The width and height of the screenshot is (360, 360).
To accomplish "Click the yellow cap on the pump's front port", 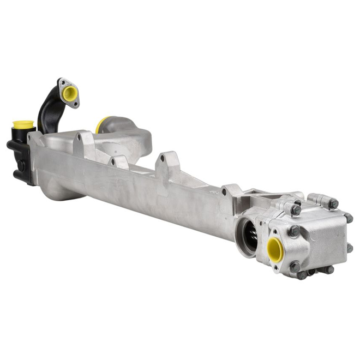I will point(275,249).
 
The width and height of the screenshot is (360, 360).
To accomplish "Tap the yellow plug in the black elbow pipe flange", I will point(69,93).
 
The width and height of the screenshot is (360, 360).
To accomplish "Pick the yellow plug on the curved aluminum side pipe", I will point(101,124).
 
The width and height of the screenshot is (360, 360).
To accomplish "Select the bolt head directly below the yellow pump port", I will point(295,267).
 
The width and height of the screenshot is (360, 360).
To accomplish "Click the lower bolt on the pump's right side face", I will point(350,248).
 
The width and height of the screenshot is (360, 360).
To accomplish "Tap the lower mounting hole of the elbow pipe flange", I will point(76,103).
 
